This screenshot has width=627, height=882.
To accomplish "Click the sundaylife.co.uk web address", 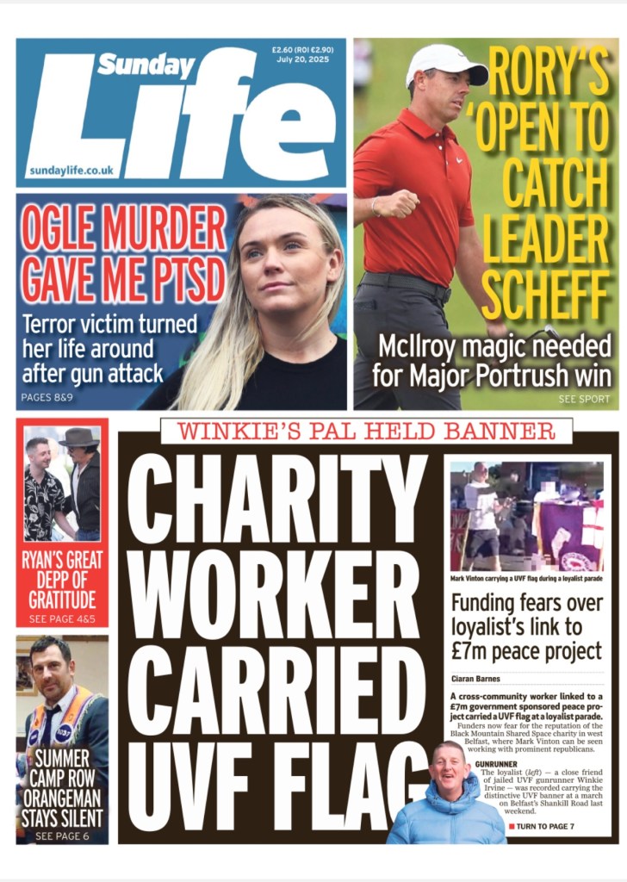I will [71, 171].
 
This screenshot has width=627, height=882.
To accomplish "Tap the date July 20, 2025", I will [297, 59].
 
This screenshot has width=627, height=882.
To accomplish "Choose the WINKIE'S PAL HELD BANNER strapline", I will [367, 431].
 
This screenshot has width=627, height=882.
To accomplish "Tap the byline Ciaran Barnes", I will [476, 678].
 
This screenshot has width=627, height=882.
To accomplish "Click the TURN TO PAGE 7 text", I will [545, 827].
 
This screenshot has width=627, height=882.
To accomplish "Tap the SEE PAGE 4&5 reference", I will [62, 619].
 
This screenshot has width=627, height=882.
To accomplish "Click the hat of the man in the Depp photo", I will [79, 437].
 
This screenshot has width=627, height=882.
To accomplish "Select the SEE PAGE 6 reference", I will [62, 835].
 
